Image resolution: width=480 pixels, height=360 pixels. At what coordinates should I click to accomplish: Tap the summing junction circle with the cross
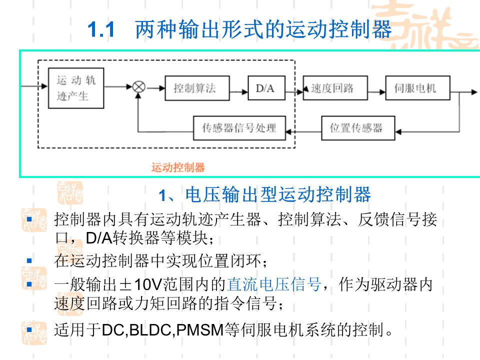tap(138, 87)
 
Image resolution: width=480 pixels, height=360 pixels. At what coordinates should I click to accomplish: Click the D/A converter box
tap(265, 88)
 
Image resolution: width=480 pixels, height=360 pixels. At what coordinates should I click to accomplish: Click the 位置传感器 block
tap(358, 127)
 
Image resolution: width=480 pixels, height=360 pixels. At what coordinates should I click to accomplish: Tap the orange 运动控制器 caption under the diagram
tap(178, 167)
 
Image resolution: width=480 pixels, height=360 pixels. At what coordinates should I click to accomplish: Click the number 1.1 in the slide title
tap(101, 30)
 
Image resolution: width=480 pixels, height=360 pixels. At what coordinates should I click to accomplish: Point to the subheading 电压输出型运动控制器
tap(277, 194)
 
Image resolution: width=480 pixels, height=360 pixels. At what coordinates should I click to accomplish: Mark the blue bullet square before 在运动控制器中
tap(29, 260)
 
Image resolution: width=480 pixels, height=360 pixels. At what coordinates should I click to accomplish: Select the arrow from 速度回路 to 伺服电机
tap(376, 88)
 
